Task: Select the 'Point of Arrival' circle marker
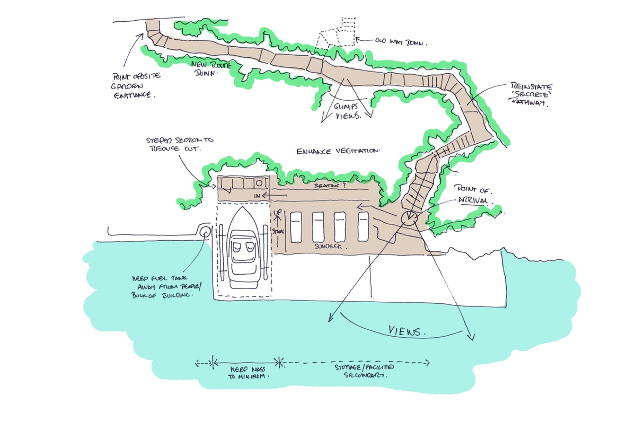click(410, 217)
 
